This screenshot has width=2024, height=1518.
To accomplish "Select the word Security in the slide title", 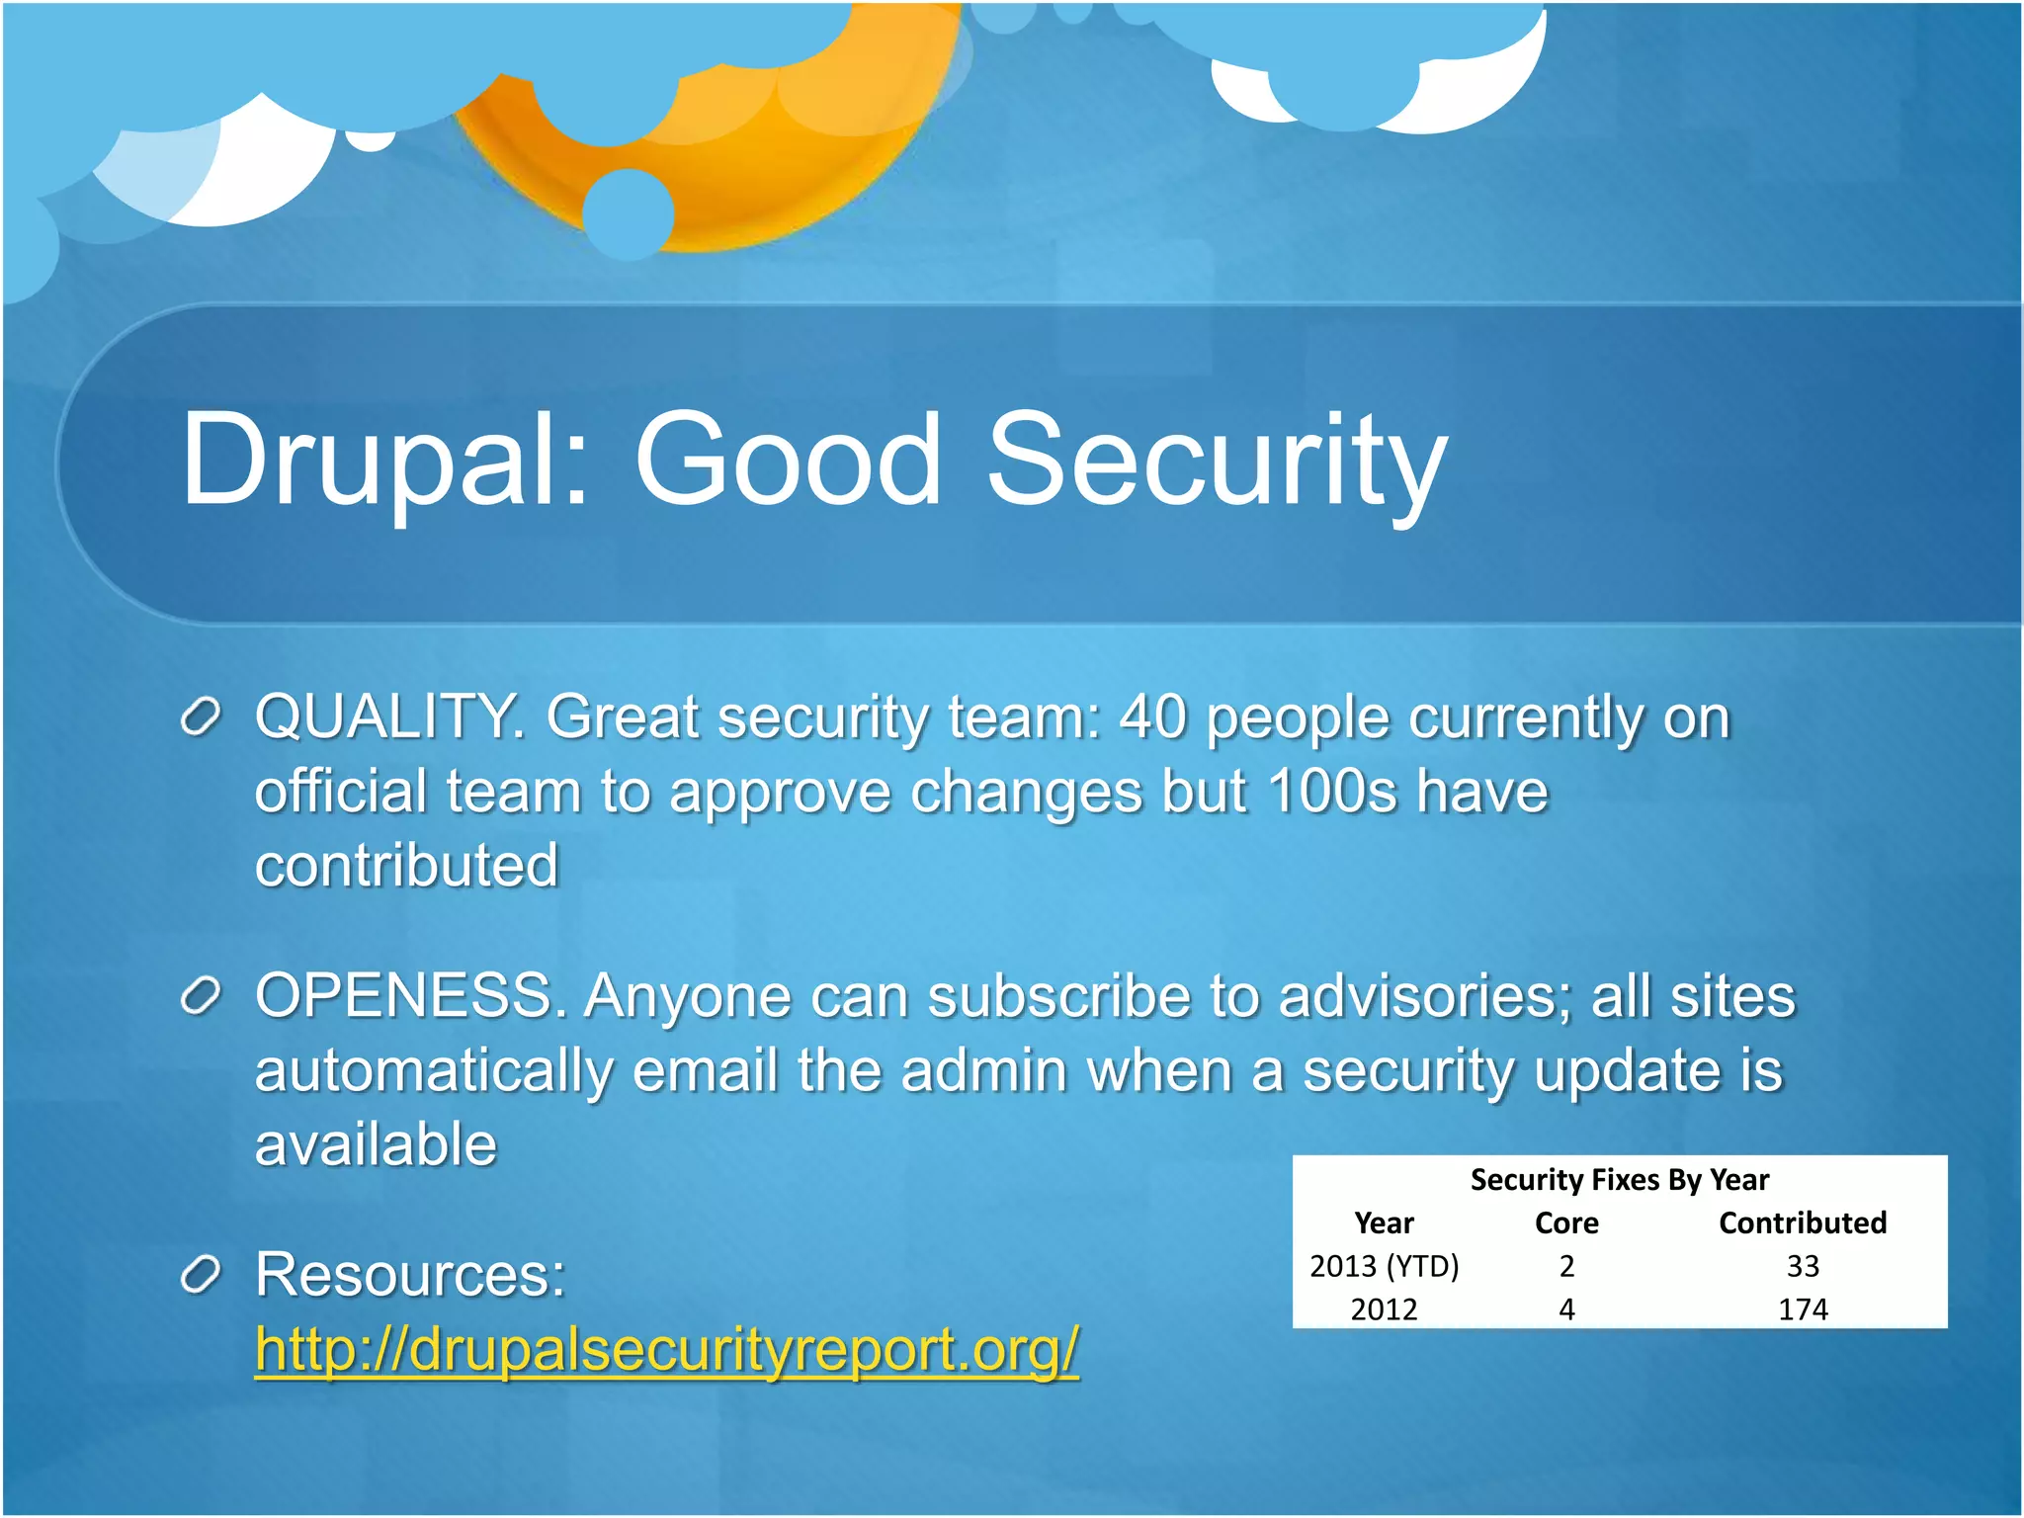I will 1217,462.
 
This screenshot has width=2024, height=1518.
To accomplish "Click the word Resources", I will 409,1274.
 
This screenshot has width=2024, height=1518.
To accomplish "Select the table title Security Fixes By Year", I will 1619,1180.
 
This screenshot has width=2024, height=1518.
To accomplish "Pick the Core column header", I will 1566,1223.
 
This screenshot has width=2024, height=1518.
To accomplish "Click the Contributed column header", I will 1803,1223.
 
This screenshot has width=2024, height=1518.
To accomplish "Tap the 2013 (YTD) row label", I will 1384,1266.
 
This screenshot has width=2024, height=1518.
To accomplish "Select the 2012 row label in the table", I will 1384,1309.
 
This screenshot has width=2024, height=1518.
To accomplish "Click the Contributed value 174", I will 1803,1309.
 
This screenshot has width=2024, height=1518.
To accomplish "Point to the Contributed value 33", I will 1803,1266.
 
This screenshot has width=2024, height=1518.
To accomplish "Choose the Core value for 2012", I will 1566,1309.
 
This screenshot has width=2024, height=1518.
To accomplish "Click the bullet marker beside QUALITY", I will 201,717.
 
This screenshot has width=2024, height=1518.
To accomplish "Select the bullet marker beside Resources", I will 201,1275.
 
